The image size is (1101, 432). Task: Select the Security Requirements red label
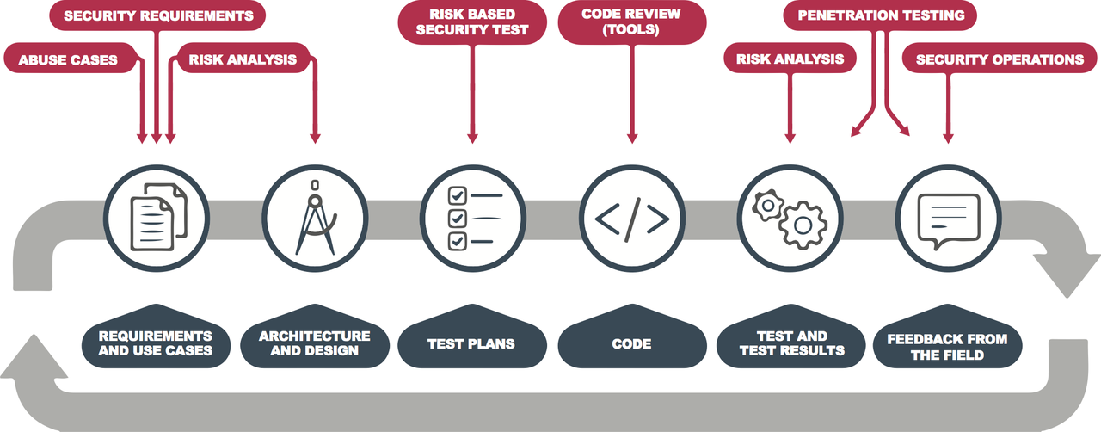(x=159, y=15)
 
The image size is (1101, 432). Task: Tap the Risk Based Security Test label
(x=472, y=21)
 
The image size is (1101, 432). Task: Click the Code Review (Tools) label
(x=631, y=21)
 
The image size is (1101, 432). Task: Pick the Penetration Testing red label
(x=882, y=15)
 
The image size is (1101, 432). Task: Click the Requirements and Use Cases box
(x=156, y=343)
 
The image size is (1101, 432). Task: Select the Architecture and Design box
(x=315, y=343)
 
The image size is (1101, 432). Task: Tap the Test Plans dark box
(x=471, y=343)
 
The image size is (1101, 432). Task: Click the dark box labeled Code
(x=631, y=343)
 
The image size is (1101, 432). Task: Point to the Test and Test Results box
(x=790, y=343)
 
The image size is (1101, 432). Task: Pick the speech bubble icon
(x=948, y=217)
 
